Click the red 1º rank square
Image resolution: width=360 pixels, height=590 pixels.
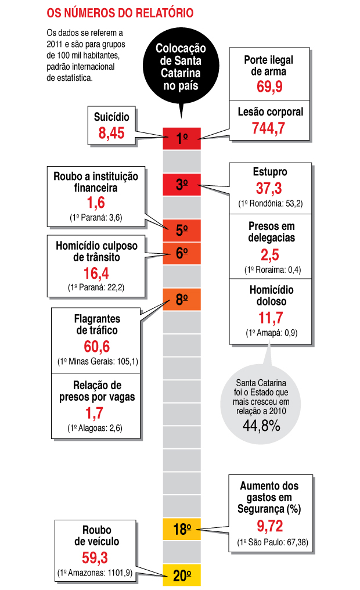pyautogui.click(x=182, y=138)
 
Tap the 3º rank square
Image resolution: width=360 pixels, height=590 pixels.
pyautogui.click(x=182, y=185)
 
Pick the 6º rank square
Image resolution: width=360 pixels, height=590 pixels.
pyautogui.click(x=182, y=253)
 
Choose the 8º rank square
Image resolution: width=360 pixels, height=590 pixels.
pyautogui.click(x=182, y=299)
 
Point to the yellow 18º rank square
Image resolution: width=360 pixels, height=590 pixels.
pyautogui.click(x=182, y=529)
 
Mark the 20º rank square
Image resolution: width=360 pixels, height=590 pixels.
pyautogui.click(x=182, y=575)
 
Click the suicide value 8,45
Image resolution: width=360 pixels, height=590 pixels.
pyautogui.click(x=111, y=133)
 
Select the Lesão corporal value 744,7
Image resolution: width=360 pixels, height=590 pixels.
pyautogui.click(x=269, y=128)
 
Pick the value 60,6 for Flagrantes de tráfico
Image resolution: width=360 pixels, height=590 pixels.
pyautogui.click(x=96, y=347)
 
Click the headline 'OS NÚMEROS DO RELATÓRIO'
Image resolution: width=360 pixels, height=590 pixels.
pyautogui.click(x=120, y=12)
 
